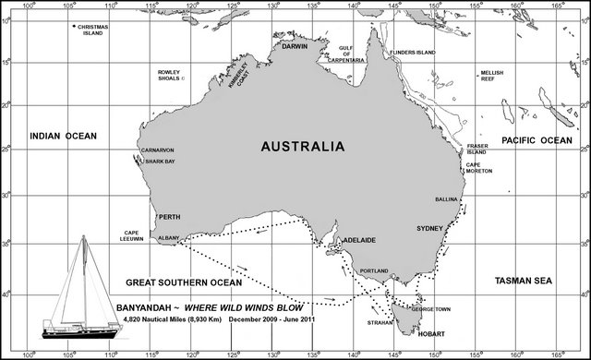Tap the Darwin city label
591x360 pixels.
click(x=295, y=45)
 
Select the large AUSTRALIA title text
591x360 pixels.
click(x=303, y=146)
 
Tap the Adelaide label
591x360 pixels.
click(x=359, y=240)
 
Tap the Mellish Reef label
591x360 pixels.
click(x=491, y=76)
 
